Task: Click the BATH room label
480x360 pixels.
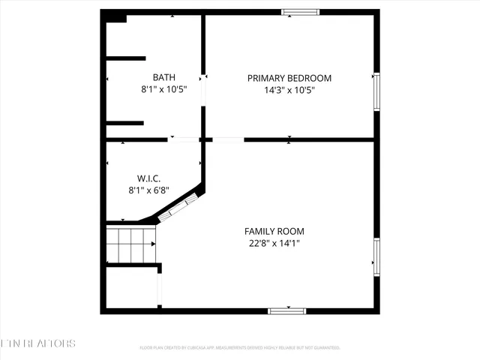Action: pyautogui.click(x=163, y=77)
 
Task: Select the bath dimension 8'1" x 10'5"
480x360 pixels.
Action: pyautogui.click(x=163, y=89)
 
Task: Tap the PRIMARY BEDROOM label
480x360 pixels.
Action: pyautogui.click(x=289, y=78)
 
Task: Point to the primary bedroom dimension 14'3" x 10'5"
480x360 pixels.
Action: pyautogui.click(x=289, y=90)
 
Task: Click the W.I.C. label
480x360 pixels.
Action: pyautogui.click(x=148, y=178)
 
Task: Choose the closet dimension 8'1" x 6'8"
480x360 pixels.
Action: pyautogui.click(x=148, y=190)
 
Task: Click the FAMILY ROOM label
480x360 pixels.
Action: pyautogui.click(x=274, y=231)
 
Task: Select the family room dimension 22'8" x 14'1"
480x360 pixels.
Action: pyautogui.click(x=274, y=243)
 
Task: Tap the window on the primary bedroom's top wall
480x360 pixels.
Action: pyautogui.click(x=300, y=12)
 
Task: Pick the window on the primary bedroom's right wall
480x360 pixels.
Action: pyautogui.click(x=376, y=91)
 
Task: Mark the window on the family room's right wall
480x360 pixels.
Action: pyautogui.click(x=376, y=256)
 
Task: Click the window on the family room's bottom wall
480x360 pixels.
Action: pyautogui.click(x=287, y=310)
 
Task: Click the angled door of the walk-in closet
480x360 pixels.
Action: pyautogui.click(x=179, y=206)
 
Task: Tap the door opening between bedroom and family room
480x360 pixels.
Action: pyautogui.click(x=228, y=139)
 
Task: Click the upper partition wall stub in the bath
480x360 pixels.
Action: pyautogui.click(x=125, y=57)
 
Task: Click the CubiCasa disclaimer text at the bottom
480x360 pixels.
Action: pyautogui.click(x=240, y=348)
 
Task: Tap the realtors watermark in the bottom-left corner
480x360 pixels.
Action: pyautogui.click(x=37, y=343)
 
